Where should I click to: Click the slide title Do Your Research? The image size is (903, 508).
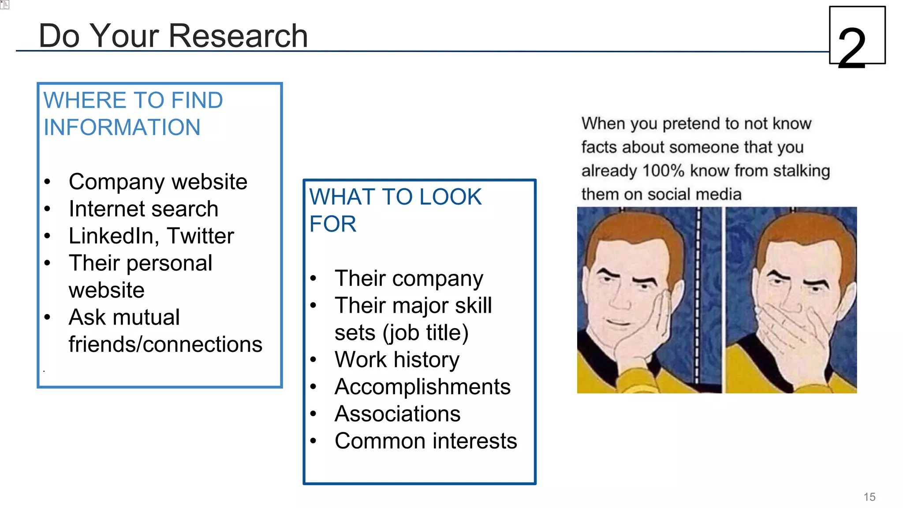tap(173, 36)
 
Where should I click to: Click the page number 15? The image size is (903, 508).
tap(869, 497)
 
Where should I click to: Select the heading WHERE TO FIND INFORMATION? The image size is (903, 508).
tap(133, 113)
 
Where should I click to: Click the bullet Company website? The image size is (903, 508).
tap(158, 182)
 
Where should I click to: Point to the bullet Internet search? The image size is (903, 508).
tap(143, 209)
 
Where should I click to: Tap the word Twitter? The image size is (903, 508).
tap(201, 236)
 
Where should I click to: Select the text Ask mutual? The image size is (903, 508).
tap(124, 317)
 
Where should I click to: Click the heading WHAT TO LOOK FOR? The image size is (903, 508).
tap(395, 210)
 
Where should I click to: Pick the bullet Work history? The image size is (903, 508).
tap(397, 359)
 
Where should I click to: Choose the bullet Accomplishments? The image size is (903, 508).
tap(422, 387)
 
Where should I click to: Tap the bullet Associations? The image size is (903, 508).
tap(397, 414)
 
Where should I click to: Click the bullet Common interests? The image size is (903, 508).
tap(425, 441)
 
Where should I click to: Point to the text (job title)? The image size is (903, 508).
tap(425, 333)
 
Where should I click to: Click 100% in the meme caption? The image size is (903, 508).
tap(663, 171)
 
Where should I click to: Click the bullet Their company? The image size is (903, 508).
tap(409, 278)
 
